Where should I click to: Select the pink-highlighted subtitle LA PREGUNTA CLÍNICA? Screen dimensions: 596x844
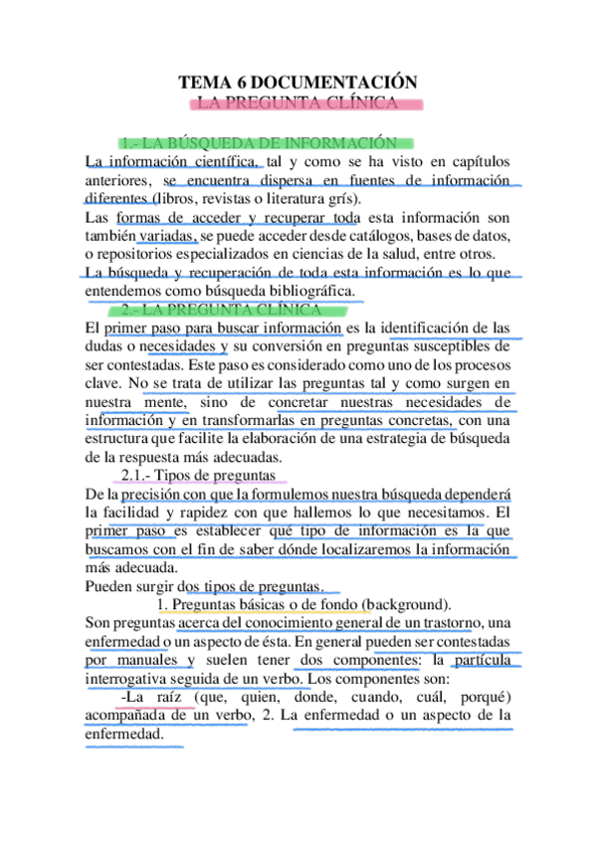point(298,103)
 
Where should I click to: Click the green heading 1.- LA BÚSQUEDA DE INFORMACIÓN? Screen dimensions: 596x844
point(263,143)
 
